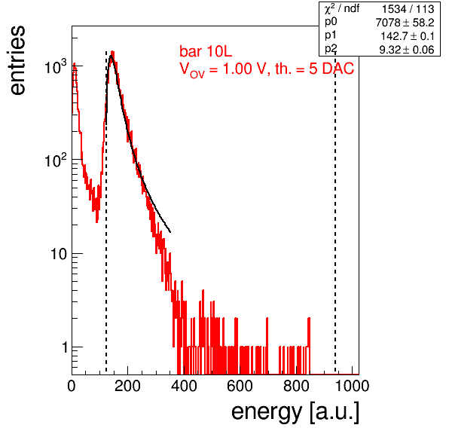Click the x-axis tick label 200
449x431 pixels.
click(x=127, y=386)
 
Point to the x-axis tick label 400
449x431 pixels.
click(x=184, y=386)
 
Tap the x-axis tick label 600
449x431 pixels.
click(x=240, y=386)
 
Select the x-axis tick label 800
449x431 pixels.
click(x=296, y=386)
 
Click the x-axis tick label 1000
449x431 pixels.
click(x=352, y=386)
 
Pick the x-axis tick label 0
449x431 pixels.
click(x=72, y=386)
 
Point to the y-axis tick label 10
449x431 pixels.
click(x=59, y=254)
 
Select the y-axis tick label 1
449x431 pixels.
click(x=65, y=347)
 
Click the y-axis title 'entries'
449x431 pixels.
click(x=18, y=60)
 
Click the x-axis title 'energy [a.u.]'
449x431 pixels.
click(x=295, y=413)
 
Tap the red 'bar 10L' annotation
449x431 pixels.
click(x=206, y=51)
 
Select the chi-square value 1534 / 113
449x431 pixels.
click(x=408, y=9)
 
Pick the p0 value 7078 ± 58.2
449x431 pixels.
click(x=405, y=23)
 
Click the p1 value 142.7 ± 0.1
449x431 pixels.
click(x=408, y=36)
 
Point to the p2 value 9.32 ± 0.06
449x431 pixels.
click(x=407, y=50)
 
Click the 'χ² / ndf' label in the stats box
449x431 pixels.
click(x=341, y=8)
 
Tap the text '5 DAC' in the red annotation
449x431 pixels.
click(x=331, y=69)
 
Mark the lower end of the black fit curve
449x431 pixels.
click(x=170, y=232)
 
